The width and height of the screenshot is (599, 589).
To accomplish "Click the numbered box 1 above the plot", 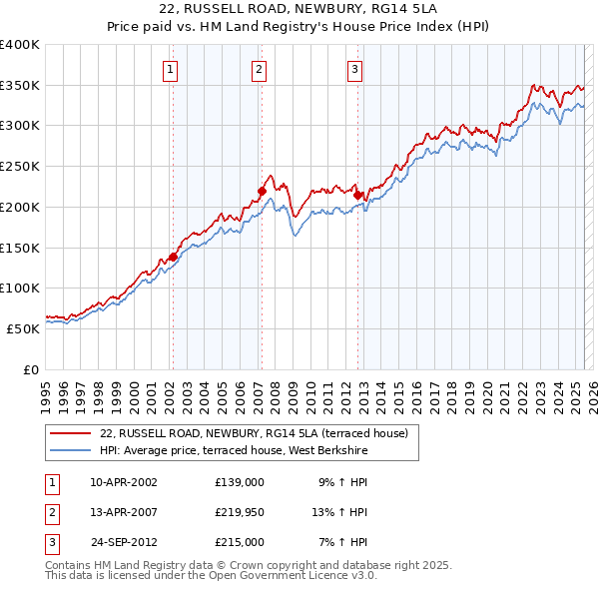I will [172, 70].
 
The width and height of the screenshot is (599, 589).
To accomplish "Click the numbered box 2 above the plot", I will [259, 70].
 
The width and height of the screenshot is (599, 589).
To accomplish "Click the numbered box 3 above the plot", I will [355, 70].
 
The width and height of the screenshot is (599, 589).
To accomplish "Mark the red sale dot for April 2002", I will [173, 257].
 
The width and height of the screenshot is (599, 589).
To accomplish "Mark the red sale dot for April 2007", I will [262, 191].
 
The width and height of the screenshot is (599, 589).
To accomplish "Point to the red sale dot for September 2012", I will [357, 196].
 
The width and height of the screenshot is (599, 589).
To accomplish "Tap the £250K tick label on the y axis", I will [19, 167].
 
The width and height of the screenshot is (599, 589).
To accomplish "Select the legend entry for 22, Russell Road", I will [254, 434].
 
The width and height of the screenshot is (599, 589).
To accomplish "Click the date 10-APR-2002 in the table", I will [124, 481].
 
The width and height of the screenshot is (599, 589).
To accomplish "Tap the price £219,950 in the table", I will [240, 512].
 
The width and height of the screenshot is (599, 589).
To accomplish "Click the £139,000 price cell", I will [240, 481].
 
